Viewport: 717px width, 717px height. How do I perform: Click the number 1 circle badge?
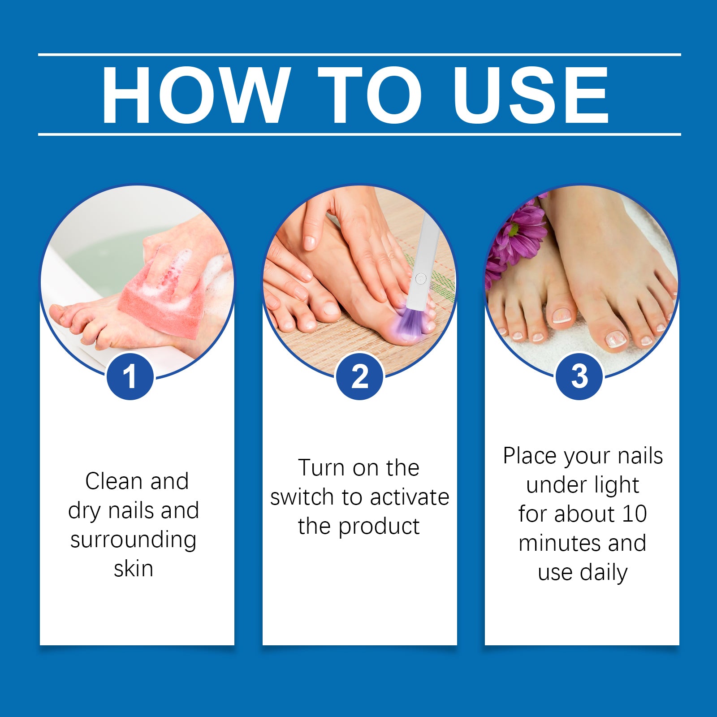[130, 376]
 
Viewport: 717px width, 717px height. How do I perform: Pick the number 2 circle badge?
[359, 376]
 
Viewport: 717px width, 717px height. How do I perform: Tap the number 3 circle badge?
[579, 376]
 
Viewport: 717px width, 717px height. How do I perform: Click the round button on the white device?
[420, 279]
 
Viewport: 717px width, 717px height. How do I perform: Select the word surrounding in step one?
[133, 540]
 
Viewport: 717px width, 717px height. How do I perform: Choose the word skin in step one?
[134, 569]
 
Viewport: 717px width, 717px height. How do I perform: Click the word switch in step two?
[302, 497]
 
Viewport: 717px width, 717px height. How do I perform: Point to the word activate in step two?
[410, 497]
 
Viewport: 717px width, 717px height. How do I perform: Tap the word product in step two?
[379, 527]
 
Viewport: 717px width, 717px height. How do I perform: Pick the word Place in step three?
[530, 456]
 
